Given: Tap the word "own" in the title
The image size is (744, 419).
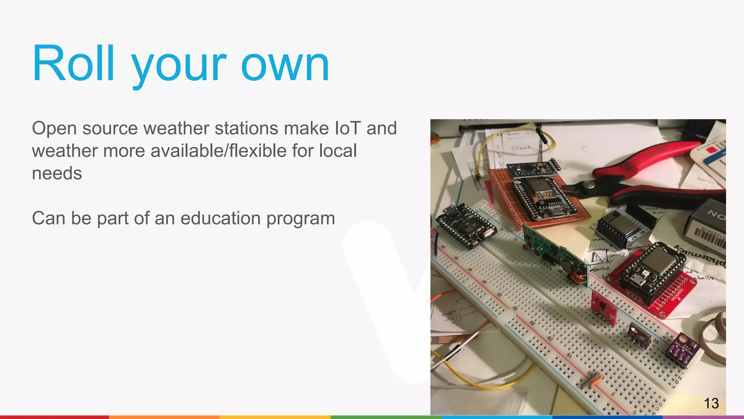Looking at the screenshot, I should point(285,65).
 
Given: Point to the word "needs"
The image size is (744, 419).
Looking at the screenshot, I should point(57,173).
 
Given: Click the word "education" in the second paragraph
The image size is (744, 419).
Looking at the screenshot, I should point(221,218).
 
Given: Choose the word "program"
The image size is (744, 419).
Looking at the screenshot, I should point(301,219).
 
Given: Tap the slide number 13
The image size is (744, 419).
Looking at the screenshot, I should point(711,403).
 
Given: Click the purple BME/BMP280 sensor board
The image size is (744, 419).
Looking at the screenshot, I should point(684,348).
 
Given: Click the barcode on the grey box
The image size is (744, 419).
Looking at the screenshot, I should point(708,238).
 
